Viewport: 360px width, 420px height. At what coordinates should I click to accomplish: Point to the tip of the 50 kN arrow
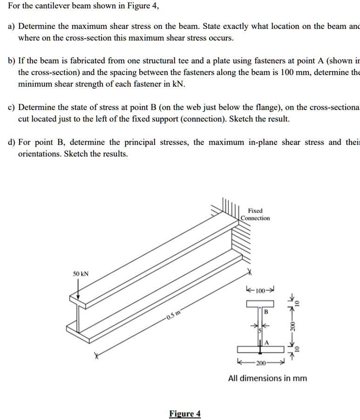click(78, 300)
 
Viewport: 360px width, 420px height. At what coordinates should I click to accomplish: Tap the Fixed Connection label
click(255, 214)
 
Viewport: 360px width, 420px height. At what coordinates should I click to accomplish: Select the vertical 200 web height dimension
click(293, 325)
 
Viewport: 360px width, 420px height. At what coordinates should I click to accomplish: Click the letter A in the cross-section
click(267, 342)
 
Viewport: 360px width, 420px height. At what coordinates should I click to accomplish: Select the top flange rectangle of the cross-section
click(260, 304)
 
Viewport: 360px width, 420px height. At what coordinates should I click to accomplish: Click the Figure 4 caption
click(185, 414)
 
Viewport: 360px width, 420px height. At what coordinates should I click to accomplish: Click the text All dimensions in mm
click(267, 378)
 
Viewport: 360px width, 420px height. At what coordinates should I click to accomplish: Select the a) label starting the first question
click(11, 26)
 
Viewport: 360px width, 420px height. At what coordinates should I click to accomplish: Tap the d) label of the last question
click(12, 142)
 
